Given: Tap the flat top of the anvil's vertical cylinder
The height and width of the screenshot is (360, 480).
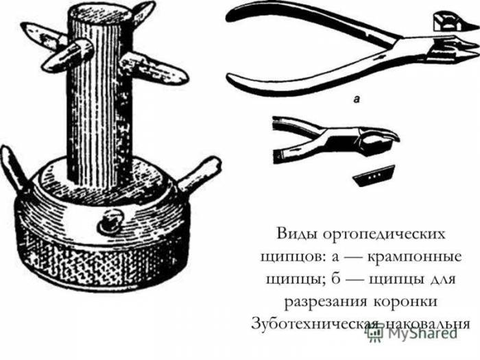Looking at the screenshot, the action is (100, 13).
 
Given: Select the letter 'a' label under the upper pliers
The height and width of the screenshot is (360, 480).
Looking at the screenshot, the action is (357, 99).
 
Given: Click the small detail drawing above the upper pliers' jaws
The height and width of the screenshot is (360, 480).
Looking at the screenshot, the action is (449, 22).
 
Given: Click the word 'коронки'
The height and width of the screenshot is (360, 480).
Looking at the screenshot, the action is (405, 302).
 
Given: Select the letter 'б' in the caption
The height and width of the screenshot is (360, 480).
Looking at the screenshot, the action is (335, 279).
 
